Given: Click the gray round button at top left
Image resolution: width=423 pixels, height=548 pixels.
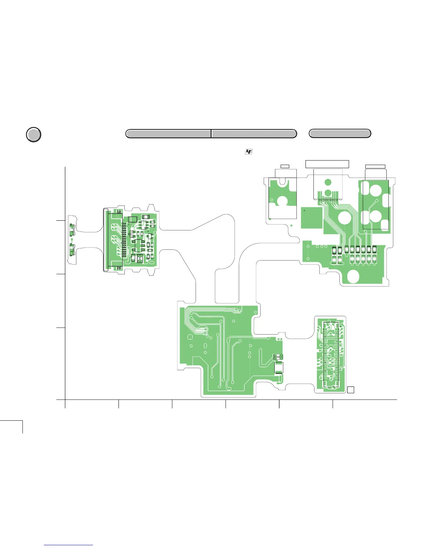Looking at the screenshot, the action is click(x=34, y=135).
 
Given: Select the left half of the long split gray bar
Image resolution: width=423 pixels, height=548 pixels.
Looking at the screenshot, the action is click(x=168, y=134).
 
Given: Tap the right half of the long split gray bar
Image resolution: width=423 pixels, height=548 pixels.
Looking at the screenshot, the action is click(x=254, y=134).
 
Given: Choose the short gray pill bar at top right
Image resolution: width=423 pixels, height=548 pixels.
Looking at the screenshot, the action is click(x=340, y=134).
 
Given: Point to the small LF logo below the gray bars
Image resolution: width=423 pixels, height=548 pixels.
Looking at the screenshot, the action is click(x=248, y=152).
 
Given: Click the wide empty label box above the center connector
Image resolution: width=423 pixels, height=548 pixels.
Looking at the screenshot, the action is click(x=327, y=164).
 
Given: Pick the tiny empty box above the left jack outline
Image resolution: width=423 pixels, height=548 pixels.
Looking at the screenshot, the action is click(x=285, y=166).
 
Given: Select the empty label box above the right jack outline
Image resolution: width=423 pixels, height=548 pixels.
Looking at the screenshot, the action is click(x=375, y=167).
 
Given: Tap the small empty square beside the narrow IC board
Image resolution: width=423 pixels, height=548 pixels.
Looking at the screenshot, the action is click(x=350, y=390).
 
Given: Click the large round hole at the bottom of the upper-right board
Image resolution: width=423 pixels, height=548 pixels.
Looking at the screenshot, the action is click(x=352, y=276).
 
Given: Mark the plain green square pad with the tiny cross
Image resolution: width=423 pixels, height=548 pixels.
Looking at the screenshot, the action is click(x=311, y=218).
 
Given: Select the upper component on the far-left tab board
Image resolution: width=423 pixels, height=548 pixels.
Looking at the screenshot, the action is click(x=72, y=230).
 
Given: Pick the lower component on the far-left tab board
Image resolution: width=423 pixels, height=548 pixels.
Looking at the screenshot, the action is click(x=72, y=249).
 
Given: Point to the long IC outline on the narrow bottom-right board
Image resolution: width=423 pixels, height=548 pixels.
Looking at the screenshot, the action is click(x=331, y=355).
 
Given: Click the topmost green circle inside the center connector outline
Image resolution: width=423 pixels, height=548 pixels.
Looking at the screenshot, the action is click(x=328, y=182).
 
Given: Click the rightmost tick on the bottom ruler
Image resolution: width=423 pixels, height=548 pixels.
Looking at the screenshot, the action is click(x=332, y=404).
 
